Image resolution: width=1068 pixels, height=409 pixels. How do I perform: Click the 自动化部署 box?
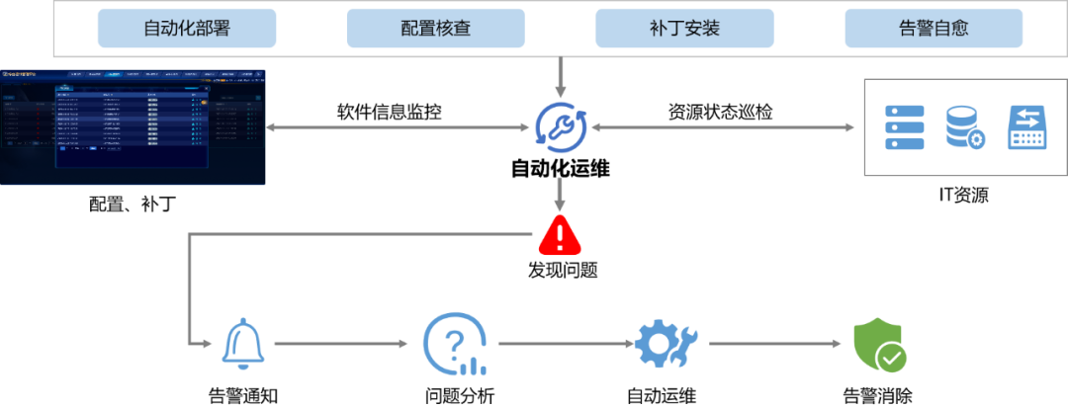(186, 29)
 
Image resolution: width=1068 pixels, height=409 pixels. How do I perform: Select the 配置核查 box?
(435, 29)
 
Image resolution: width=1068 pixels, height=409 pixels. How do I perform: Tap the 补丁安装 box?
(684, 29)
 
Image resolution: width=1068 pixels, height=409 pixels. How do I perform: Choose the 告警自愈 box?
(933, 29)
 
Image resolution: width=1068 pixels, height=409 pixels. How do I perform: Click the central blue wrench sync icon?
(561, 127)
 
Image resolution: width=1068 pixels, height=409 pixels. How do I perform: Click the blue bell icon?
(243, 343)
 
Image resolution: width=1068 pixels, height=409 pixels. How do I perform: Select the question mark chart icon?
(455, 344)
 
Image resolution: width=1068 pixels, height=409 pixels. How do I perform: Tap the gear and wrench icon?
(667, 343)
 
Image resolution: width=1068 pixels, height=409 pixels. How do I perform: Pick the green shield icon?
(879, 343)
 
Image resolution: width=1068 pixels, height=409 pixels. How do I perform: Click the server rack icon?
(903, 127)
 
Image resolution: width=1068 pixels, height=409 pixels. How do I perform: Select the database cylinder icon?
(964, 127)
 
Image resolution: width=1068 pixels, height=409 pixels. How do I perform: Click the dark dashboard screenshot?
(133, 127)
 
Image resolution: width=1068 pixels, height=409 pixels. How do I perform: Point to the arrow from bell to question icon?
(340, 344)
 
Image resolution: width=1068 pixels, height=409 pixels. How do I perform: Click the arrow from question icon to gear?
(565, 344)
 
